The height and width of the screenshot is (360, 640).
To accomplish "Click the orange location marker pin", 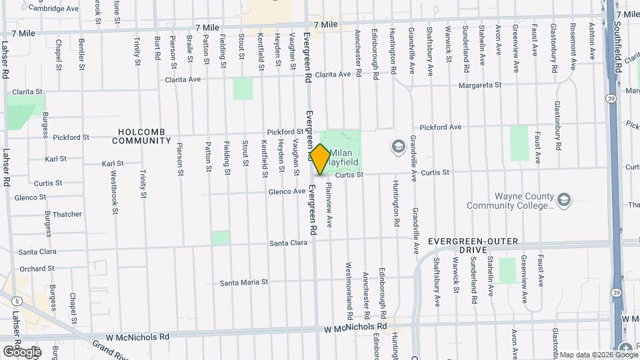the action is (x=320, y=160).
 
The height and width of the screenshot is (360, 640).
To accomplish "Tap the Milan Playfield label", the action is (x=344, y=157).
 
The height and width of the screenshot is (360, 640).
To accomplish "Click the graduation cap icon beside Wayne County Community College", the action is (x=564, y=200).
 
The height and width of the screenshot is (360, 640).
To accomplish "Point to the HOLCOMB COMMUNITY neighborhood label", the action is (x=141, y=137).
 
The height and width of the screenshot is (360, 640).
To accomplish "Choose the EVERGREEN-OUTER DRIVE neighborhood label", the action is (x=473, y=245).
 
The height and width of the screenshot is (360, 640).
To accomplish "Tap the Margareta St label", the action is (x=479, y=85).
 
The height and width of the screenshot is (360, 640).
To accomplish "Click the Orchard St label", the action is (x=37, y=269).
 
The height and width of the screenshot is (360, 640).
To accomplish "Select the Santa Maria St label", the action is (x=244, y=282).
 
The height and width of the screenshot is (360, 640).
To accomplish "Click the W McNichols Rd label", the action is (x=355, y=328).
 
